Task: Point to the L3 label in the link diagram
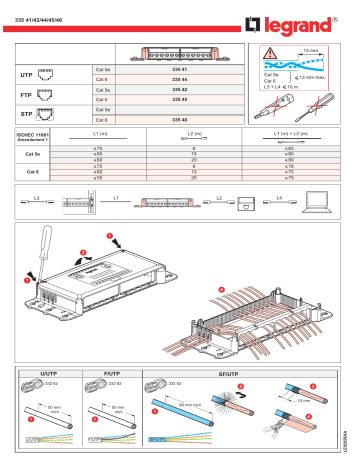click(x=36, y=198)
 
